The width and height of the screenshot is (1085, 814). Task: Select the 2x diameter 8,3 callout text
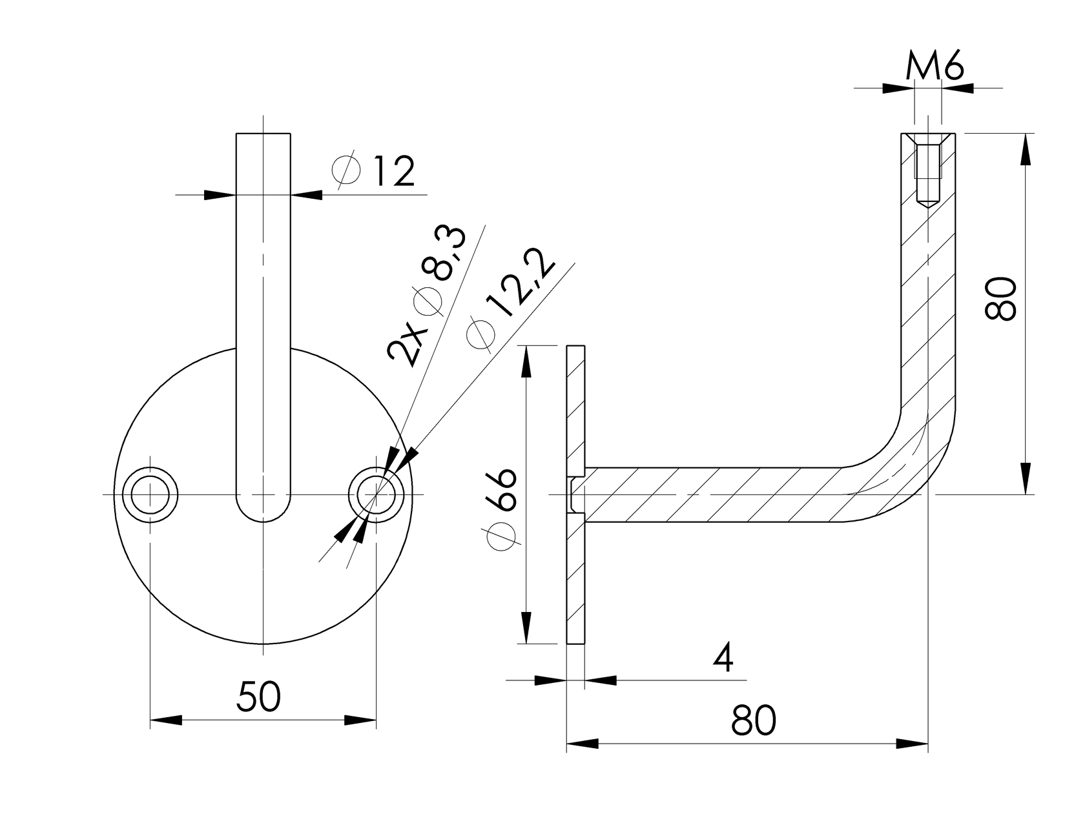coord(427,297)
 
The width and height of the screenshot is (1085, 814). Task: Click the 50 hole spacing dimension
coord(258,697)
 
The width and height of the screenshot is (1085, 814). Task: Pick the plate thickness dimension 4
coord(723,658)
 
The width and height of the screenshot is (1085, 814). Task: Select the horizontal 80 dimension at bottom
coord(754,720)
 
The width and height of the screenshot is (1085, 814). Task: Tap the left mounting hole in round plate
coord(150,494)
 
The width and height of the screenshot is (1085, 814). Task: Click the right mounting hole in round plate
coord(377,494)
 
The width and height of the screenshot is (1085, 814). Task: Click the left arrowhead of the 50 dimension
coord(165,720)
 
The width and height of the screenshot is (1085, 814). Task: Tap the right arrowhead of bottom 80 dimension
coord(913,744)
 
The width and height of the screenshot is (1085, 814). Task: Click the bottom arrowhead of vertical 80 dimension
coord(1025,478)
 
